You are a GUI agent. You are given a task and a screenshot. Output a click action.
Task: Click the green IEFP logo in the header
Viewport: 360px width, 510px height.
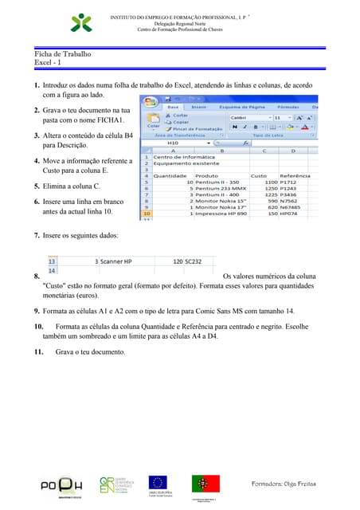(x=81, y=22)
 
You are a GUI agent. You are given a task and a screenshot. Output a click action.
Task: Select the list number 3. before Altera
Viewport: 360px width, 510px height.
(x=37, y=136)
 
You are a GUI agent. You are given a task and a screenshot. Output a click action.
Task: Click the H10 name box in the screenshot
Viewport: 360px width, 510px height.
(x=174, y=144)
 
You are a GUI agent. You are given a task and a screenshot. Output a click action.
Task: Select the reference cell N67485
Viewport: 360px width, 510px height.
(x=303, y=207)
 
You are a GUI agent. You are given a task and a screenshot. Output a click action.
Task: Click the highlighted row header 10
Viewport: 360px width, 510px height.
(x=146, y=214)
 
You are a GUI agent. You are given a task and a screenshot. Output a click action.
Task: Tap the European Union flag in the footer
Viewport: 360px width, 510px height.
(x=156, y=482)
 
